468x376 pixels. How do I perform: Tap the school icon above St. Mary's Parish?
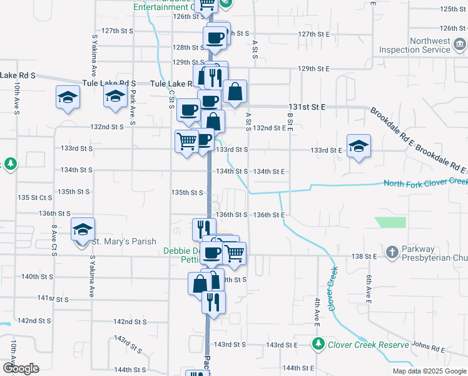[x=81, y=230]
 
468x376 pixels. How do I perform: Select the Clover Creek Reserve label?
[x=369, y=345]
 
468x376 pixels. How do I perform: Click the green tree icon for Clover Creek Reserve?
[x=318, y=344]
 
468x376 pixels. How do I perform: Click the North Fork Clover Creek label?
[x=425, y=183]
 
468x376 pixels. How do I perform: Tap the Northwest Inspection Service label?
[x=426, y=45]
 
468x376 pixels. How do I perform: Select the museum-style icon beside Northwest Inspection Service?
[x=459, y=44]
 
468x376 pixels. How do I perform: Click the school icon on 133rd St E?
[x=358, y=147]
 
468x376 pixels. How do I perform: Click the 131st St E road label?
[x=307, y=107]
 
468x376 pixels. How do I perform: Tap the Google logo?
[x=21, y=368]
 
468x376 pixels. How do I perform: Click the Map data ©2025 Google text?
[x=429, y=371]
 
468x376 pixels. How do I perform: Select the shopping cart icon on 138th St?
[x=234, y=253]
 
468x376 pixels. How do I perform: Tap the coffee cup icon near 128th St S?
[x=215, y=38]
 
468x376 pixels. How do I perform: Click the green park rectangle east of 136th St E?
[x=390, y=222]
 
